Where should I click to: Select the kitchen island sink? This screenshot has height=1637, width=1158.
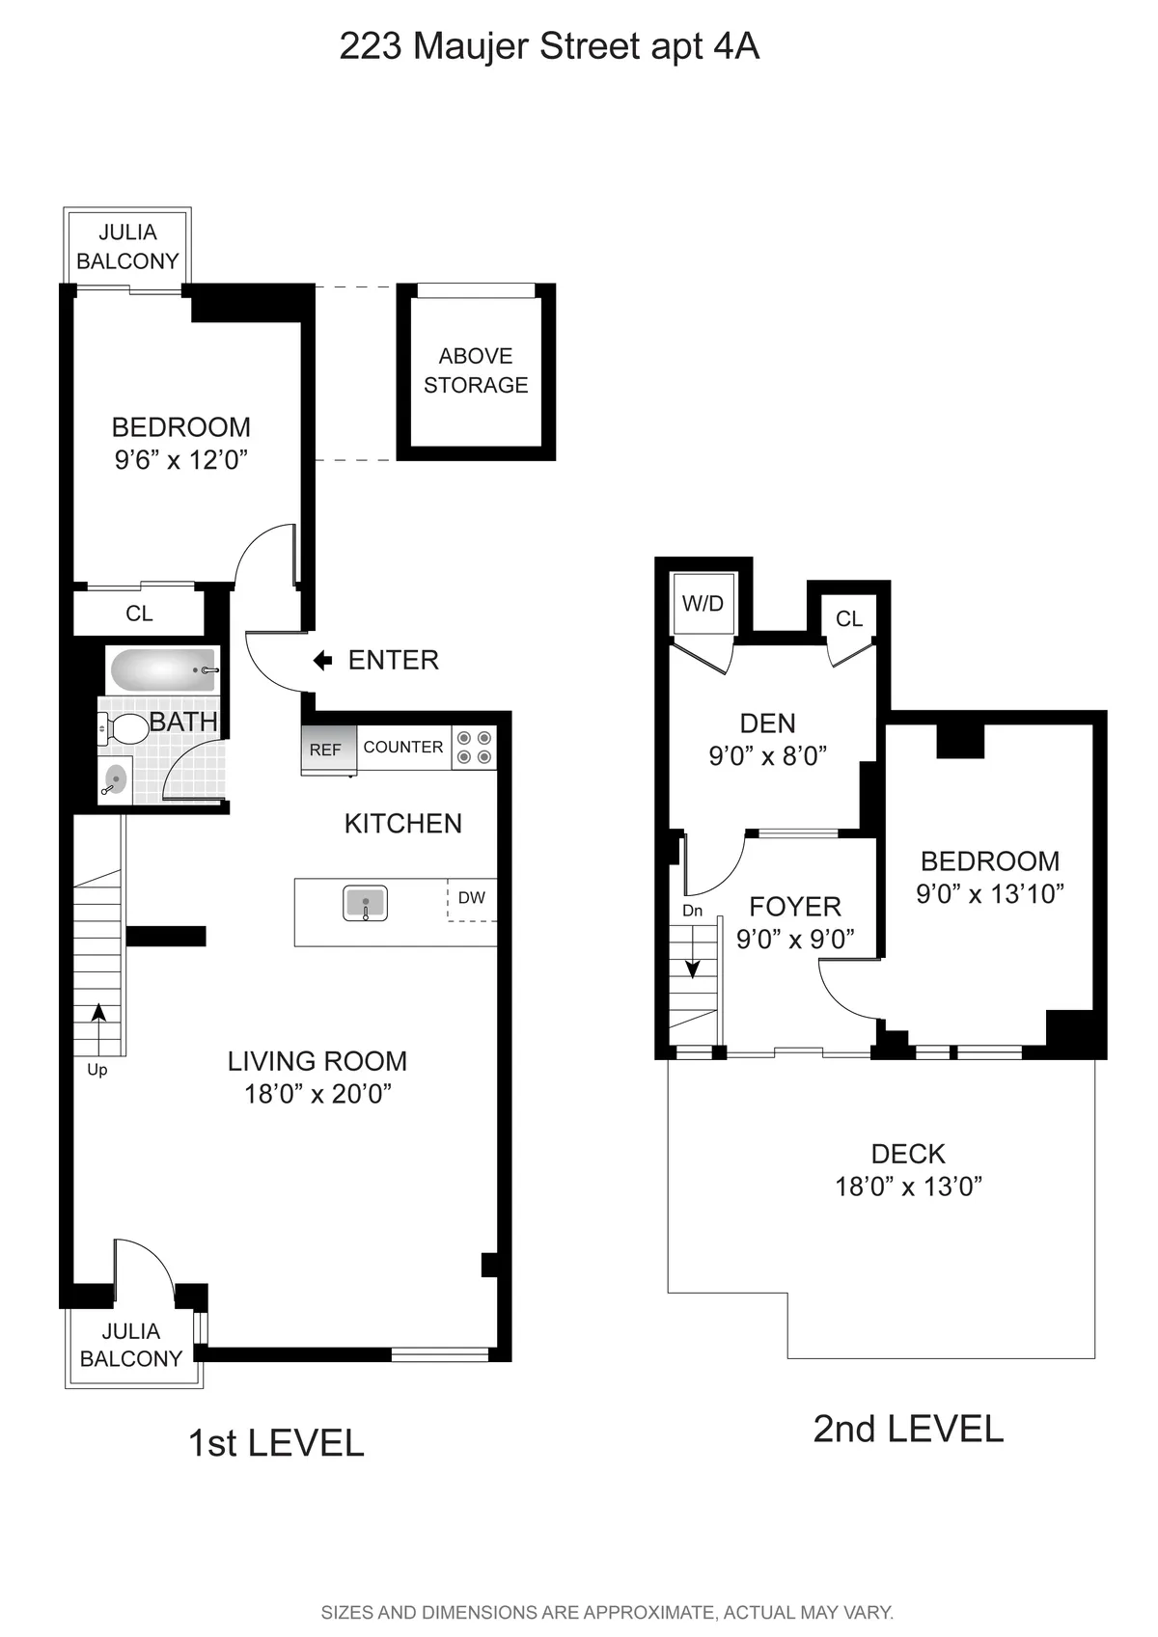coord(366,904)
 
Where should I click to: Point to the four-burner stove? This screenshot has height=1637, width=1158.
coord(474,748)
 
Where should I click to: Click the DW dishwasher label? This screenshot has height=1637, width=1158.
coord(472,898)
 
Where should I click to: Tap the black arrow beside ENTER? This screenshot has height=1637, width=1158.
coord(323,661)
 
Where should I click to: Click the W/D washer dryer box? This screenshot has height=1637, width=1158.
coord(703,604)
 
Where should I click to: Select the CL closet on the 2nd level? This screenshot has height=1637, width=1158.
coord(849,618)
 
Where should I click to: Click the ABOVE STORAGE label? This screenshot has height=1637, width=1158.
coord(476,370)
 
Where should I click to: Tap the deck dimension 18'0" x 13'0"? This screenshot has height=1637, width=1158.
coord(908,1187)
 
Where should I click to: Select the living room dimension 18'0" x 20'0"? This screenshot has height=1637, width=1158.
coord(317,1094)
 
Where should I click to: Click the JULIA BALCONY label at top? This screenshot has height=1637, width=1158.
coord(127,247)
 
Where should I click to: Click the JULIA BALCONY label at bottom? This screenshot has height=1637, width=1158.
coord(131,1345)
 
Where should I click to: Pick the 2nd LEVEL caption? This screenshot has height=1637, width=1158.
coord(908,1429)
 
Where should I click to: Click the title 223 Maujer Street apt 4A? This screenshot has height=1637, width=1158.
coord(549,46)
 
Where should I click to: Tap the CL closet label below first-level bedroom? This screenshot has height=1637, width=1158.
coord(139,614)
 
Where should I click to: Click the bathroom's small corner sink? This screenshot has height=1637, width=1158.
coord(116,779)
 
